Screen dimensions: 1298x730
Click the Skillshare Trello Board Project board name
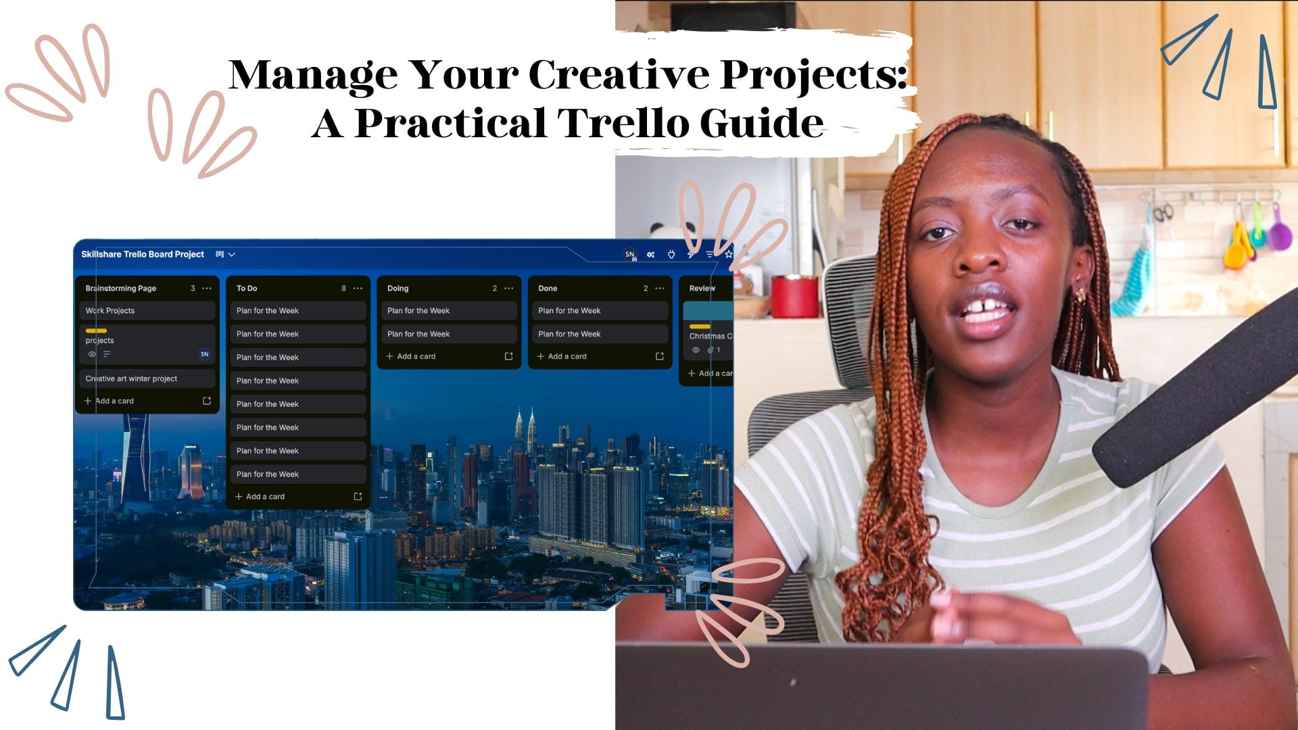point(143,254)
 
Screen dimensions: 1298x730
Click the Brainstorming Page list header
point(121,289)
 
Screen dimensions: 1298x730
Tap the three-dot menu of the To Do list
point(358,289)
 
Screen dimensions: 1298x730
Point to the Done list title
point(548,289)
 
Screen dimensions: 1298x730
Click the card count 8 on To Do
point(343,289)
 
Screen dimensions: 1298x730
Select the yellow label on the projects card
point(96,331)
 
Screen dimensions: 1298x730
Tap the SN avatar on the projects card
point(205,354)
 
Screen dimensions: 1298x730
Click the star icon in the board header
point(729,255)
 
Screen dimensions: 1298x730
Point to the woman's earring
point(1080,294)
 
